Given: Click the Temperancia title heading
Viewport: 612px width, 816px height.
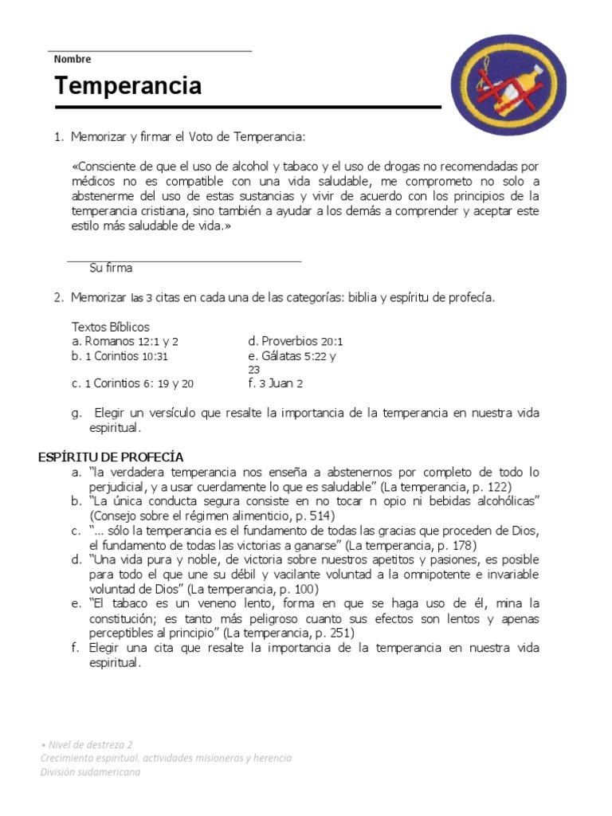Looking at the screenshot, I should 127,86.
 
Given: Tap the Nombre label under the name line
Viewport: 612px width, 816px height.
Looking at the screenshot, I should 73,59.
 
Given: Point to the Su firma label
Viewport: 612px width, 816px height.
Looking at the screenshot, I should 111,269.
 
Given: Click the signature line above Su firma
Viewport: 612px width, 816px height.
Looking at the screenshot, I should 183,261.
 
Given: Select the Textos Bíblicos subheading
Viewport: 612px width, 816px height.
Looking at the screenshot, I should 111,327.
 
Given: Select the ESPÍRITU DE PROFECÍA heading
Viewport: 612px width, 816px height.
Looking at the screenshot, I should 111,457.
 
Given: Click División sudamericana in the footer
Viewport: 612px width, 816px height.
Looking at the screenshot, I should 90,772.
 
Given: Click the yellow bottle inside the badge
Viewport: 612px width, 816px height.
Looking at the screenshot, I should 511,83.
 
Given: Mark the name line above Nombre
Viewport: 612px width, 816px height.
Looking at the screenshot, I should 150,51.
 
